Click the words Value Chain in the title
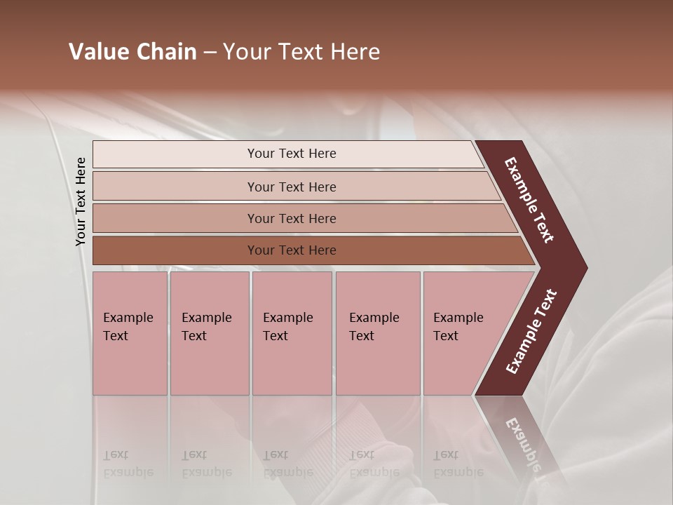pyautogui.click(x=132, y=52)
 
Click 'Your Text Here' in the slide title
pyautogui.click(x=301, y=52)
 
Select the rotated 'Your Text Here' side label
pyautogui.click(x=81, y=201)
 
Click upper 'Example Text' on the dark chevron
pyautogui.click(x=529, y=200)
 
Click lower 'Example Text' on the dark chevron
pyautogui.click(x=531, y=331)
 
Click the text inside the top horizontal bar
pyautogui.click(x=292, y=154)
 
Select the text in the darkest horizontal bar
pyautogui.click(x=292, y=250)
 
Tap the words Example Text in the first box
pyautogui.click(x=128, y=327)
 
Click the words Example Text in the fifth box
pyautogui.click(x=458, y=327)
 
